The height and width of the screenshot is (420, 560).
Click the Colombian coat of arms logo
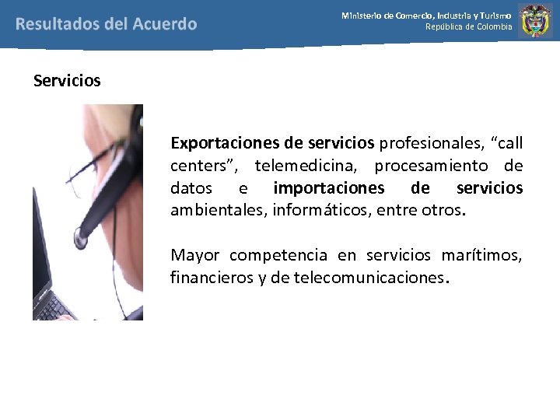click(535, 21)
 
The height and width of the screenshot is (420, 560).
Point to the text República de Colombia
click(468, 27)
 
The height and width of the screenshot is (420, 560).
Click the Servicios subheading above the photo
click(67, 80)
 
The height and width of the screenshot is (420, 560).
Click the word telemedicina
click(307, 166)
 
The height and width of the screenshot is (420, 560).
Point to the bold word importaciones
click(329, 188)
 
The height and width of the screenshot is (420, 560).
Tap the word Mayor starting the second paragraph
click(195, 255)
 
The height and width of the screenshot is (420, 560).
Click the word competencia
click(278, 255)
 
